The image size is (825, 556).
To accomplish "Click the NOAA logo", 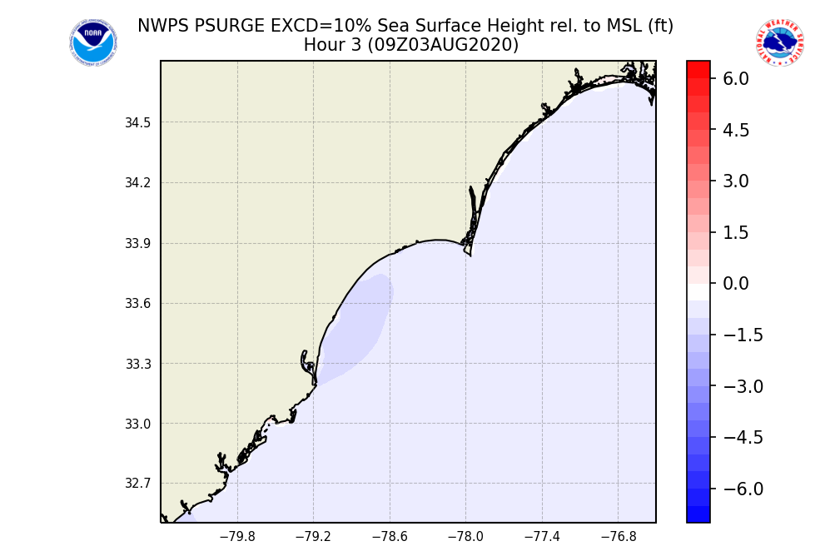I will [x=93, y=43].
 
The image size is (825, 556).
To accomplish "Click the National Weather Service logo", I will [x=779, y=43].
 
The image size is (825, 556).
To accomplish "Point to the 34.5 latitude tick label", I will [x=138, y=123].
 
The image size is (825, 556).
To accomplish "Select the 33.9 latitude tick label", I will [x=138, y=244].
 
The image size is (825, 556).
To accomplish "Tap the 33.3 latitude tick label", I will [x=138, y=365].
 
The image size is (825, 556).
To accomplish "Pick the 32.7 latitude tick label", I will [x=138, y=484].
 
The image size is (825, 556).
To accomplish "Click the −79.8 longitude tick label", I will [x=237, y=537].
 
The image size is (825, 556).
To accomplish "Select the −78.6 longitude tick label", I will [x=390, y=537].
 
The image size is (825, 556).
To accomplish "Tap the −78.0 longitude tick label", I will [x=465, y=537].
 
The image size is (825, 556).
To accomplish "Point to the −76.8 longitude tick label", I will [x=618, y=537].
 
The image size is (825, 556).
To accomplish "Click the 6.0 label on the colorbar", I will [x=736, y=79].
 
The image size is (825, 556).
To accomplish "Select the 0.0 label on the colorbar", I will [x=736, y=284].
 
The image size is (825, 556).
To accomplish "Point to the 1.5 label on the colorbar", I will [x=736, y=232].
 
